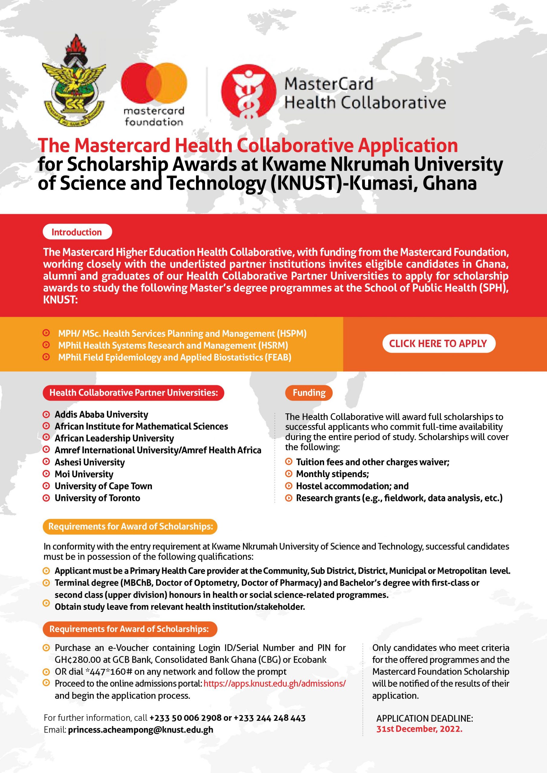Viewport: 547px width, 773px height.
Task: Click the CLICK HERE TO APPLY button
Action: click(x=438, y=343)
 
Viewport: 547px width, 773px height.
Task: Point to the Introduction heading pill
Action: click(x=77, y=232)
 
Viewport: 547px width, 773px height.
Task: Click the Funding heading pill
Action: click(x=309, y=393)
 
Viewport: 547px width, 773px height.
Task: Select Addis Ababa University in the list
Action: click(x=101, y=415)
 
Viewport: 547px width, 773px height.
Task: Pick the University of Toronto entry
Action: click(x=97, y=498)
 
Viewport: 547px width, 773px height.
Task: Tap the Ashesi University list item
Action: click(x=90, y=462)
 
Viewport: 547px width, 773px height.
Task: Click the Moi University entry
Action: click(x=84, y=474)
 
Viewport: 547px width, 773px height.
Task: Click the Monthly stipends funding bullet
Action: click(x=332, y=474)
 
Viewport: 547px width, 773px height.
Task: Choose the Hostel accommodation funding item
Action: click(x=352, y=486)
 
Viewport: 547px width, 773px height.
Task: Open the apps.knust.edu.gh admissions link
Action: click(x=275, y=683)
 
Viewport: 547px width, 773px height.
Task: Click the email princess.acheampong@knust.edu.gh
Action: click(x=140, y=730)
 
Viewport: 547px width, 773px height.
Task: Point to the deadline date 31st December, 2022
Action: click(x=419, y=729)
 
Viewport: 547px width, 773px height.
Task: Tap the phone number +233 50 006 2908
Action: click(x=185, y=718)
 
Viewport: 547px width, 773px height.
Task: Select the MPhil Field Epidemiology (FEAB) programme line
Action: click(x=175, y=357)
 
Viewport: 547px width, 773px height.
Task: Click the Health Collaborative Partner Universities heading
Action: click(x=134, y=393)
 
